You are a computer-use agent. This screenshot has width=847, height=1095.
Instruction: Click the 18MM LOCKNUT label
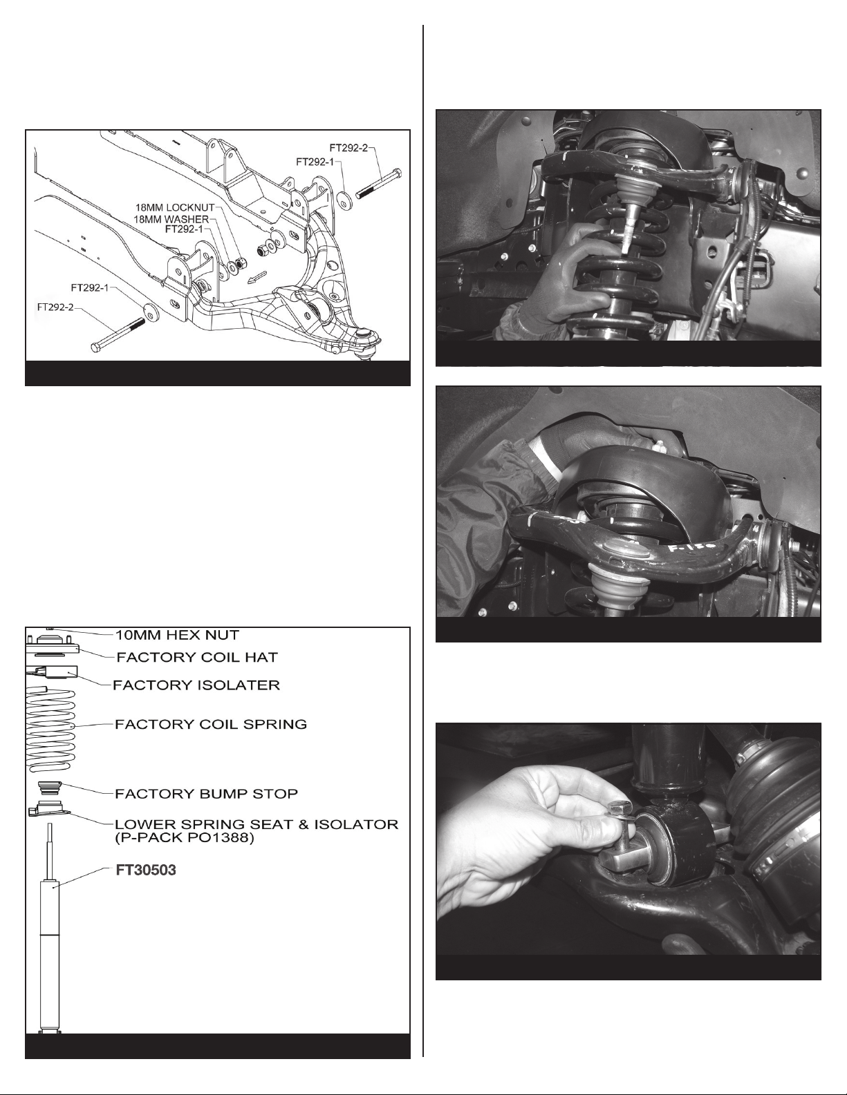click(174, 208)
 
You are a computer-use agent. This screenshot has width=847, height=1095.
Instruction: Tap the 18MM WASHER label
click(171, 219)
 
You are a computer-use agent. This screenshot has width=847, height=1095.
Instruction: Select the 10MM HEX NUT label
click(178, 635)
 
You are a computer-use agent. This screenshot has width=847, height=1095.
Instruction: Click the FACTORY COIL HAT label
click(197, 658)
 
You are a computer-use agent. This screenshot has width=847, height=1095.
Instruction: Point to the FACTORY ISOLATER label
click(196, 685)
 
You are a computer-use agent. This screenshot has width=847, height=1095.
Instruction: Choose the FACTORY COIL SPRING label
click(211, 724)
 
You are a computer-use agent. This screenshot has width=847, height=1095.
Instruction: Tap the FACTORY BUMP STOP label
click(206, 794)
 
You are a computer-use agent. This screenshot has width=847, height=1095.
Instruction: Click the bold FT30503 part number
click(146, 870)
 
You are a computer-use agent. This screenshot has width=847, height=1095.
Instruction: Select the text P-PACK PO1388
click(185, 838)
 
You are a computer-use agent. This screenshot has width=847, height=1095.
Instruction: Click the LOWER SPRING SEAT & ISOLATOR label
click(257, 824)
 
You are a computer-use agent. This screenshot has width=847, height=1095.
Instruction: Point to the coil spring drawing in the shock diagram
click(51, 728)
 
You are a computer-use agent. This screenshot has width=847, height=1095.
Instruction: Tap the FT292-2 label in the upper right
click(349, 148)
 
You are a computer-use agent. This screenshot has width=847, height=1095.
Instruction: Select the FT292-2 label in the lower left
click(55, 306)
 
